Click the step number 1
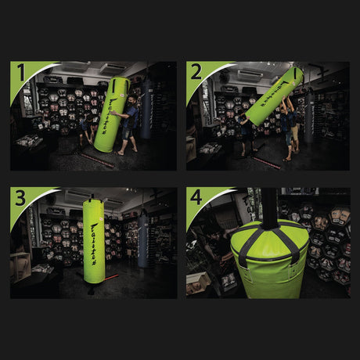click(21, 74)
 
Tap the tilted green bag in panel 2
click(274, 95)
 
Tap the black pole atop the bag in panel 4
click(269, 207)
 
